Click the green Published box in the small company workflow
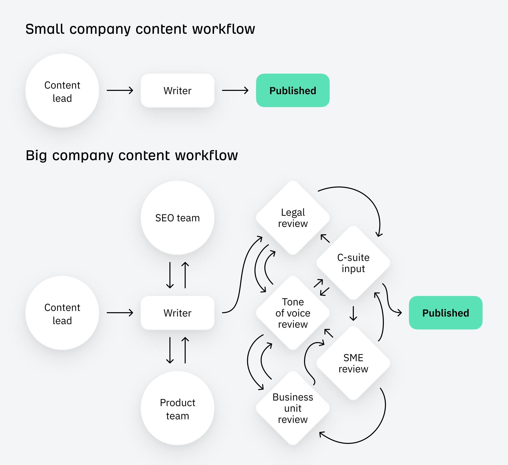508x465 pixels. pyautogui.click(x=293, y=90)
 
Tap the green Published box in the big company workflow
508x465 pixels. pyautogui.click(x=446, y=313)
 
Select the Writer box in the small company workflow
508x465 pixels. pyautogui.click(x=177, y=90)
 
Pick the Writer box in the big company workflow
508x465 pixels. pyautogui.click(x=177, y=313)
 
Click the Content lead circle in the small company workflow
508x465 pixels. pyautogui.click(x=62, y=91)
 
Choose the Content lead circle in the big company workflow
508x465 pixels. pyautogui.click(x=62, y=313)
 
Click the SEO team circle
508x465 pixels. pyautogui.click(x=177, y=218)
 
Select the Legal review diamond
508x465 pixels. pyautogui.click(x=293, y=218)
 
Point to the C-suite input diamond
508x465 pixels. pyautogui.click(x=353, y=263)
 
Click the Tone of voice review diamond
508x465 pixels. pyautogui.click(x=293, y=313)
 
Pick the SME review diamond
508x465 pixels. pyautogui.click(x=353, y=363)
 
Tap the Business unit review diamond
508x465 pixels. pyautogui.click(x=293, y=408)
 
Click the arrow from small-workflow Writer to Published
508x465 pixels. pyautogui.click(x=235, y=90)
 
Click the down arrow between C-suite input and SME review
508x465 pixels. pyautogui.click(x=353, y=313)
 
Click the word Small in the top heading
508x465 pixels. pyautogui.click(x=45, y=29)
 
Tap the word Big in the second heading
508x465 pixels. pyautogui.click(x=36, y=155)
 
